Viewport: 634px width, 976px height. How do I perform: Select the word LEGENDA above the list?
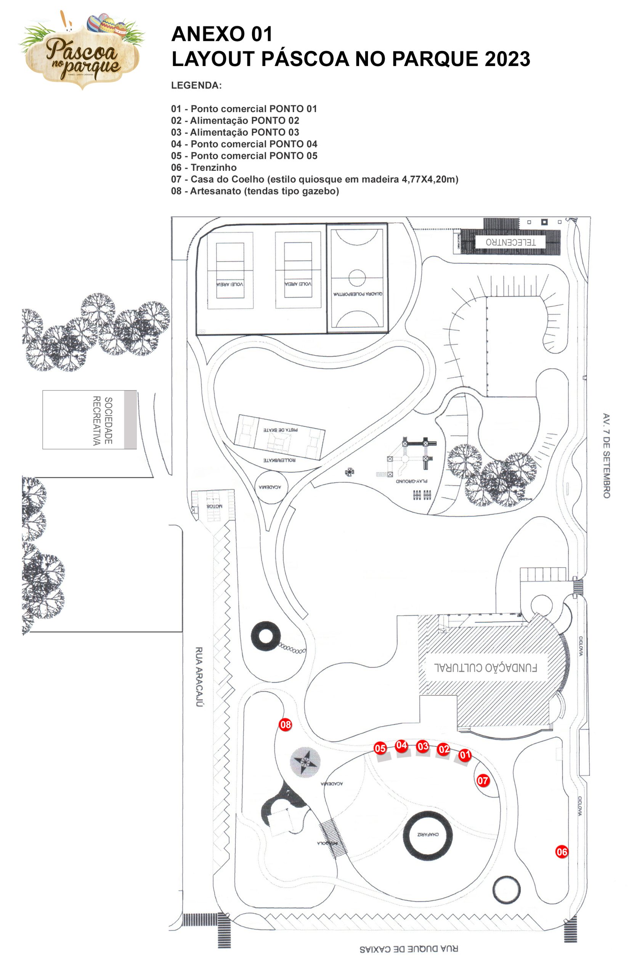coord(196,85)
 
